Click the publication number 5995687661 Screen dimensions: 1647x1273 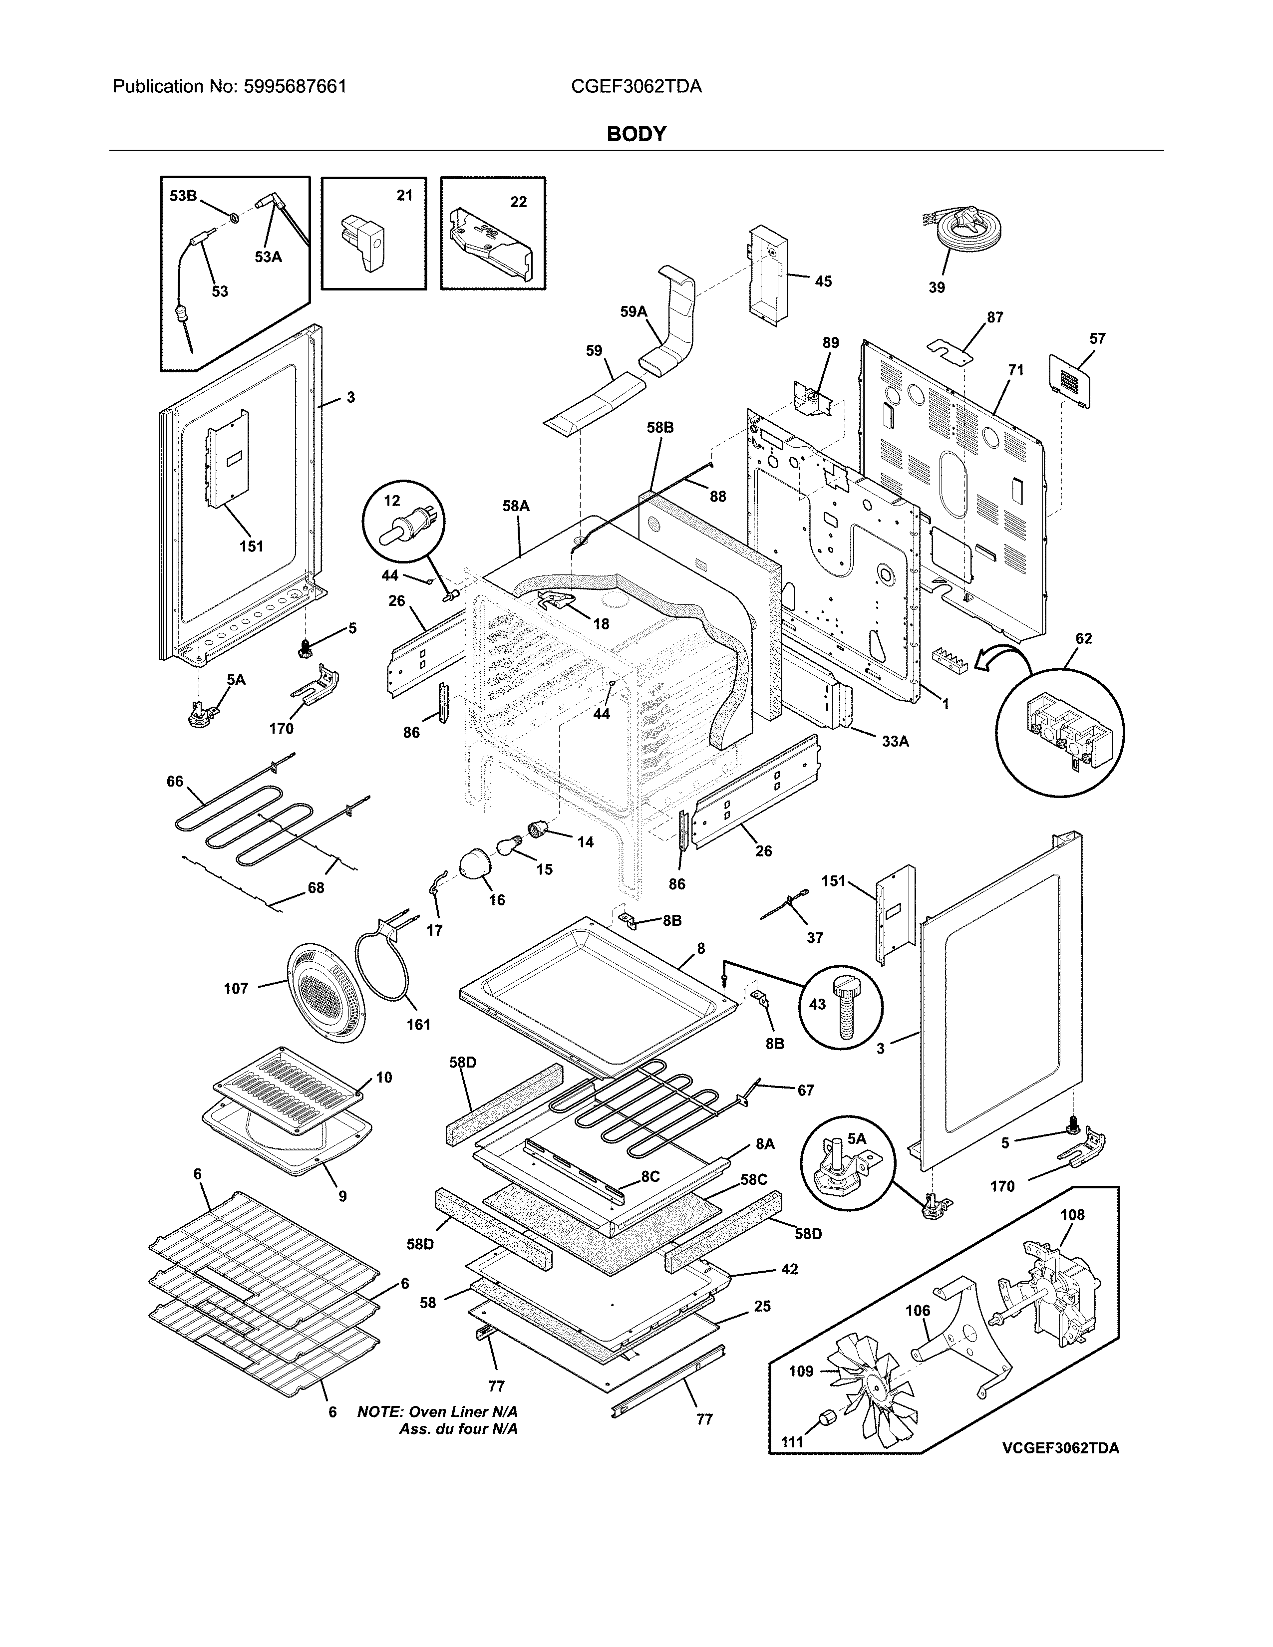point(295,87)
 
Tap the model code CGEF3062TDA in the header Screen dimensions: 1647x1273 point(636,87)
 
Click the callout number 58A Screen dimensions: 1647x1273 point(516,507)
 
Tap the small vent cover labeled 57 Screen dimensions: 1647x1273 point(1071,381)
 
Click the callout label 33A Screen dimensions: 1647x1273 point(895,741)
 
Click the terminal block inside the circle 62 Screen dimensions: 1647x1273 point(1059,733)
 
